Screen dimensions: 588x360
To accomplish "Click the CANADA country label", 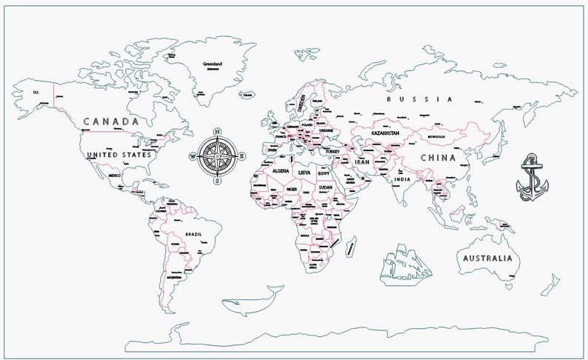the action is pyautogui.click(x=111, y=121).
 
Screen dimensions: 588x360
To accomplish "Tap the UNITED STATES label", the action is pyautogui.click(x=118, y=155).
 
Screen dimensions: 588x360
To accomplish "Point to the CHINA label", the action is pyautogui.click(x=438, y=158).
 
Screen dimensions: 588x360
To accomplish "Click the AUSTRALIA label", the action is pyautogui.click(x=487, y=259).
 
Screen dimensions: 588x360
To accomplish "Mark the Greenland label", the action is pyautogui.click(x=213, y=64).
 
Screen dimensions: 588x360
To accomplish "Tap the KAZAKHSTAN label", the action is pyautogui.click(x=386, y=133).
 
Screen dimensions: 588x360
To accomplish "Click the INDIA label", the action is pyautogui.click(x=402, y=180).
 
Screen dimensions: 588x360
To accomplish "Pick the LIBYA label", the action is pyautogui.click(x=304, y=172).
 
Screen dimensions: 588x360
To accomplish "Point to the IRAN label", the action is pyautogui.click(x=362, y=162).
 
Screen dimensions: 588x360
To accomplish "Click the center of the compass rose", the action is pyautogui.click(x=217, y=156).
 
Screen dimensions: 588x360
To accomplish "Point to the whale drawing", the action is pyautogui.click(x=253, y=299).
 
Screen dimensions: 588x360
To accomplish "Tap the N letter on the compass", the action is pyautogui.click(x=217, y=133).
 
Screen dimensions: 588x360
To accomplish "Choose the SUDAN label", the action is pyautogui.click(x=324, y=188).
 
